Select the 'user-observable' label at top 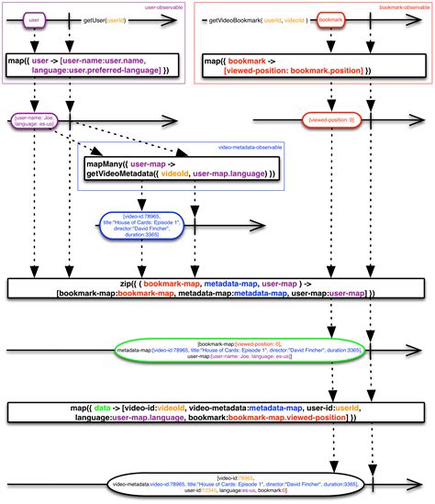[167, 6]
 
